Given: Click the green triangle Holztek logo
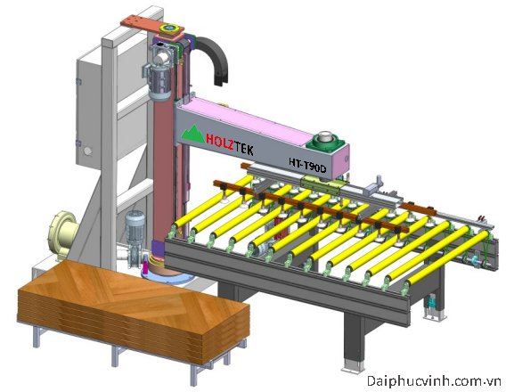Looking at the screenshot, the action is coord(192,135).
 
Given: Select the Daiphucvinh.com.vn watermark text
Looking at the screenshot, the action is coord(435,381).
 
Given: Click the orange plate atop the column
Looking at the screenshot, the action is coord(151,27).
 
